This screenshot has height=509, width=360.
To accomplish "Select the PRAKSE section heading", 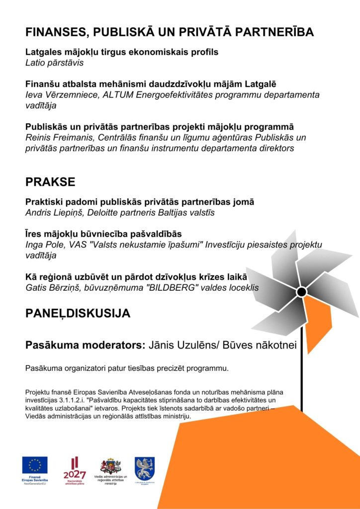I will [50, 182].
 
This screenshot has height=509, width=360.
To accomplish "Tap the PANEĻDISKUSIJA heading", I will [78, 314].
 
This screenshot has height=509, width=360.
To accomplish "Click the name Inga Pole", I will [42, 245].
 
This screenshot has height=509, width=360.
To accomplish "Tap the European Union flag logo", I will [35, 465].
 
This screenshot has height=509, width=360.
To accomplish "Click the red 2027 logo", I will [75, 469].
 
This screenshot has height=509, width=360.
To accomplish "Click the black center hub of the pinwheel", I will [301, 292].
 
